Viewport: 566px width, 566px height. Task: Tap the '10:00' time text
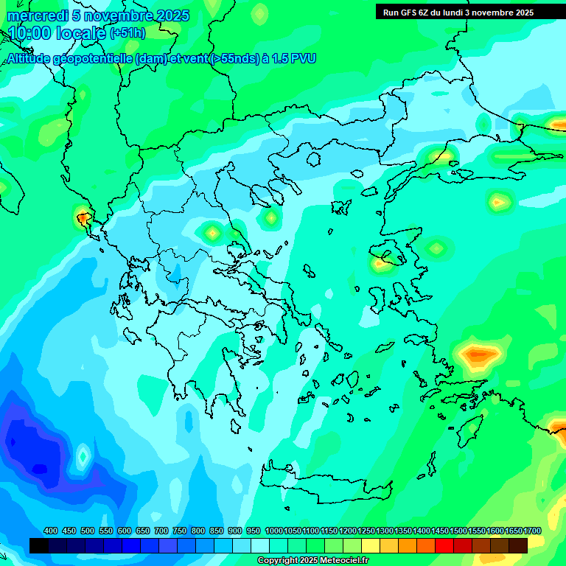click(x=29, y=33)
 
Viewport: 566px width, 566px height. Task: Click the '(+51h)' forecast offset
click(x=127, y=33)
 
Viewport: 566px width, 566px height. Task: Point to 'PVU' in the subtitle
click(x=302, y=58)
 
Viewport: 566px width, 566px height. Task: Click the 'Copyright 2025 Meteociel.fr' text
click(x=312, y=561)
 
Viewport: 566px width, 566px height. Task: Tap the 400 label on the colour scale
click(x=51, y=531)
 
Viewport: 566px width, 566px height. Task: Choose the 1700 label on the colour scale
click(x=533, y=531)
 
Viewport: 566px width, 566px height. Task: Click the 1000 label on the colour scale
click(x=274, y=531)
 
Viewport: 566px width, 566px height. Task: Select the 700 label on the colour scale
click(x=161, y=531)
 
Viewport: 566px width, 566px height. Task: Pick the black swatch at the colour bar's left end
click(x=39, y=545)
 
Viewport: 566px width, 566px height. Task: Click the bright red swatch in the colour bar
click(x=444, y=545)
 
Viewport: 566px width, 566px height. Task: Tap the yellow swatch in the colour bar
click(x=371, y=545)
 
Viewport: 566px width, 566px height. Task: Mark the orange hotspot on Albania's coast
click(x=83, y=217)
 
